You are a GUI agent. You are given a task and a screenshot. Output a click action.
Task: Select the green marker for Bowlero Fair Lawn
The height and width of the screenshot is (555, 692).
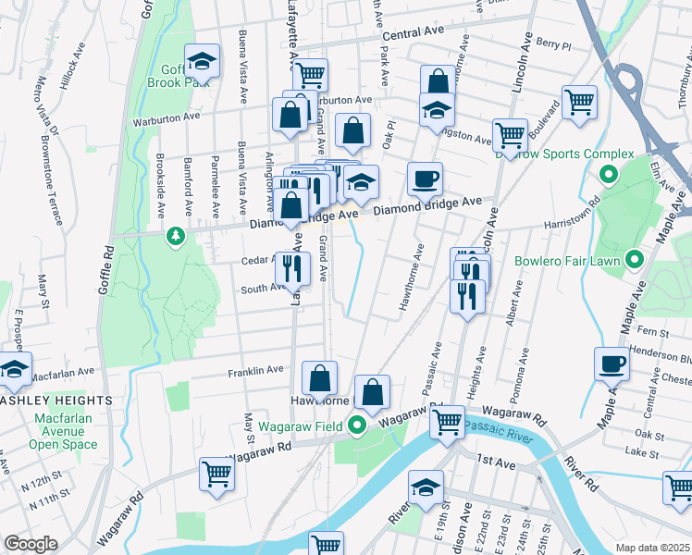coord(634,261)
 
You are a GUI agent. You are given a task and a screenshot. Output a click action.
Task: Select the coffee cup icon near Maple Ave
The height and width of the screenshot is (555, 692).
coord(611,364)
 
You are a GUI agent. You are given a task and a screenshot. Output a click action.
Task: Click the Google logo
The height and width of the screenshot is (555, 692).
coord(31,544)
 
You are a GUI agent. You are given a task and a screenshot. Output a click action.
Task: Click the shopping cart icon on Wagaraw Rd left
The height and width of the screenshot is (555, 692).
coord(216,473)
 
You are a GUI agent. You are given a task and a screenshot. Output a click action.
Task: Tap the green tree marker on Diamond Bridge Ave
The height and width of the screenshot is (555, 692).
coord(175,238)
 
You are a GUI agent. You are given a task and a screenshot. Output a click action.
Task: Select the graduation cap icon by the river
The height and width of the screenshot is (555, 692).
coord(426,487)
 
